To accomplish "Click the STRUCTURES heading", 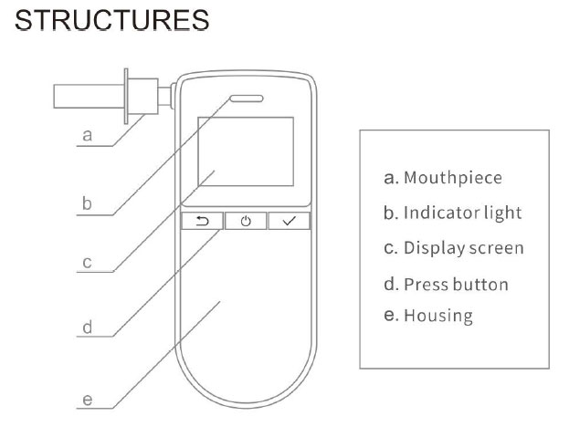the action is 111,20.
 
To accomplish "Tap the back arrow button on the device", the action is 202,221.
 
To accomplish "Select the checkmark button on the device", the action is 290,221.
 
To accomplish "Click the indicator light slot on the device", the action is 247,99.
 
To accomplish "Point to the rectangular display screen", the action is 246,151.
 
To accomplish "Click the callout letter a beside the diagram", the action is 87,136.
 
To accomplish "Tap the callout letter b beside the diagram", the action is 87,203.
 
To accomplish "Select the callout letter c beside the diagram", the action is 87,263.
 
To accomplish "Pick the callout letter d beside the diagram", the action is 87,328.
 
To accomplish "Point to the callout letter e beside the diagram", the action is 87,400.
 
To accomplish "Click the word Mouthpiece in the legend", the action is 453,178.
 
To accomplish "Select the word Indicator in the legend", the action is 437,213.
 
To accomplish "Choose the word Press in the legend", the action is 426,285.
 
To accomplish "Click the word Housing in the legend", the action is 438,316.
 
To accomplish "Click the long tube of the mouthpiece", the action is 89,96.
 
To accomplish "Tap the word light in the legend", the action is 498,213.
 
